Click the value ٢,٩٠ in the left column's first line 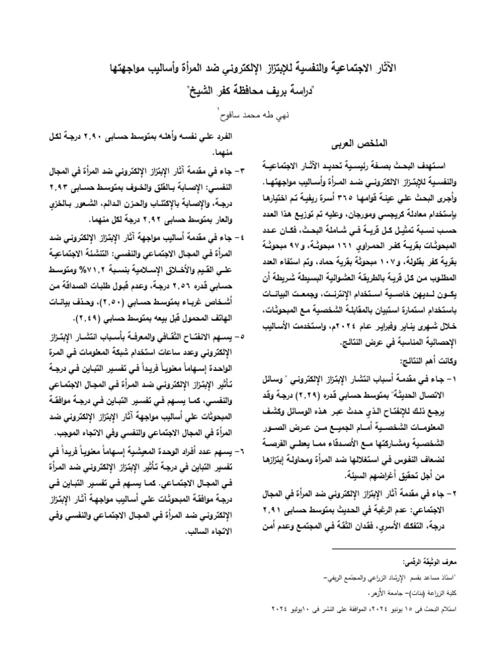[118, 138]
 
